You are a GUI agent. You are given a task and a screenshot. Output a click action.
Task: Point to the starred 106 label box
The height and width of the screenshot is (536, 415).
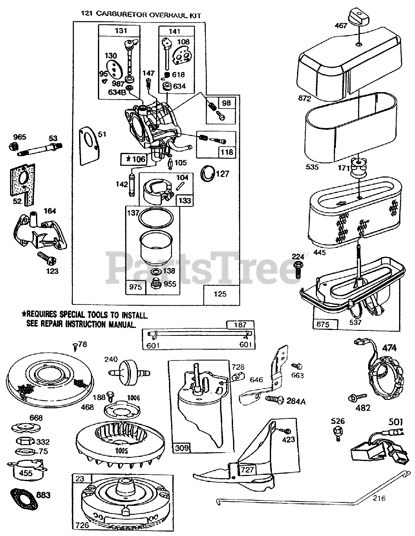133,159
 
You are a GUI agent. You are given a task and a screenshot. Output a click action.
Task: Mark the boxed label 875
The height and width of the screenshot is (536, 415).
323,324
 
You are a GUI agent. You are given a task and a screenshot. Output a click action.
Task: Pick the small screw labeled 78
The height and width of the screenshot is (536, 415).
74,345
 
